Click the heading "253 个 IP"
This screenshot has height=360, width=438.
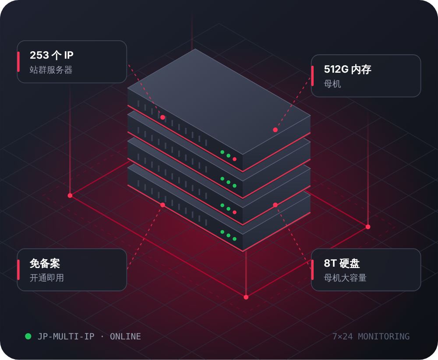coord(52,55)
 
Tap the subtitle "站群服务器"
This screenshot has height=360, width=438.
coord(51,70)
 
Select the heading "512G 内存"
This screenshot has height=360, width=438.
coord(347,69)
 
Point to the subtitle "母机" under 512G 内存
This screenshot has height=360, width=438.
coord(332,84)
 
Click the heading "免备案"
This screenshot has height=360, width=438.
coord(45,263)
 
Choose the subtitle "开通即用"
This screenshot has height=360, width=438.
coord(47,278)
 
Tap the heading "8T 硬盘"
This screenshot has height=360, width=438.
coord(342,263)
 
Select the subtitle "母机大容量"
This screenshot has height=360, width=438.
coord(345,278)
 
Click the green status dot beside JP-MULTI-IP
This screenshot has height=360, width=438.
coord(28,336)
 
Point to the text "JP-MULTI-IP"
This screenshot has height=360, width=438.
coord(66,336)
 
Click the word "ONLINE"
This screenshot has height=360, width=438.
coord(125,336)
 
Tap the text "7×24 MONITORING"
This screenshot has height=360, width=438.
coord(371,336)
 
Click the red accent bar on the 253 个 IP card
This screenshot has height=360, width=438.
coord(18,62)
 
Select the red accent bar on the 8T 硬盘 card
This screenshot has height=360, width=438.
coord(312,269)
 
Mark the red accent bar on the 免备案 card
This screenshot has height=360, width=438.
coord(18,269)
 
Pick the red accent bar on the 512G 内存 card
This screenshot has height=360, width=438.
coord(312,76)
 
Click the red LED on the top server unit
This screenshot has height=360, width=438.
coord(235,159)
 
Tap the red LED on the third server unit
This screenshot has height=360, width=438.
coord(235,212)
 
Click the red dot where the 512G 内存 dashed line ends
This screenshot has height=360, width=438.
coord(275,130)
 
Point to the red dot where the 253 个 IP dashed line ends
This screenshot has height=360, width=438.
coord(162,117)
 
